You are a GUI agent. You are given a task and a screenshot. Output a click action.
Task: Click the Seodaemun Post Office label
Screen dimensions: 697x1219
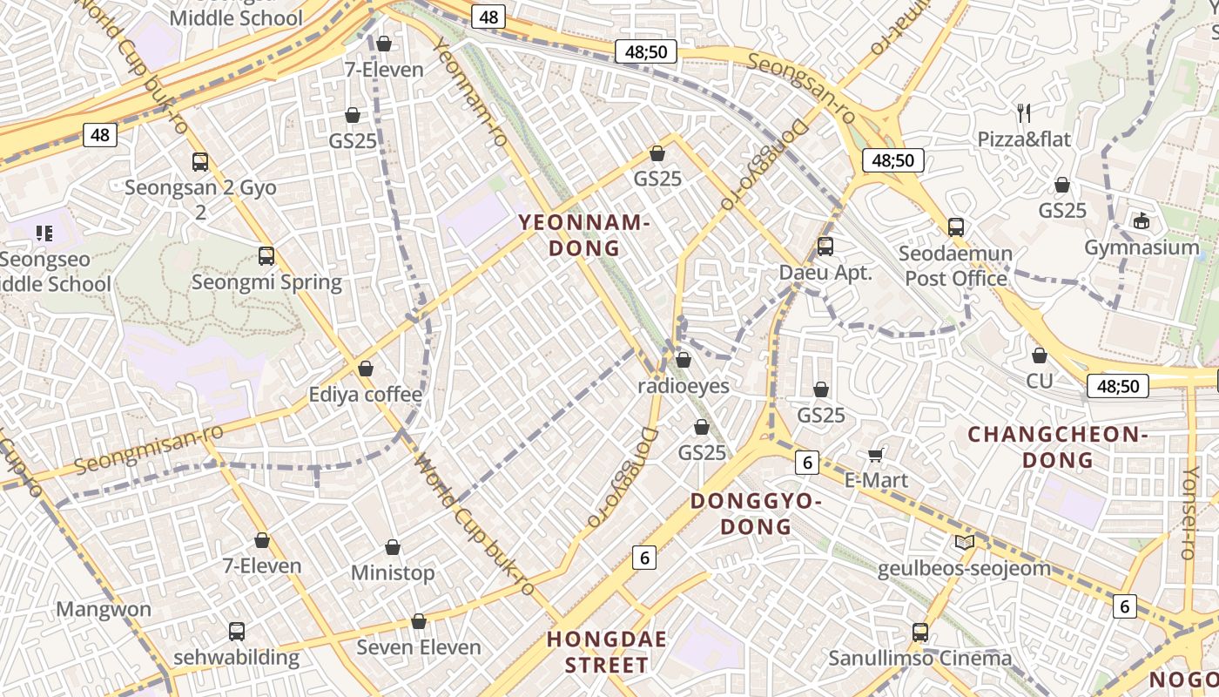click(x=956, y=266)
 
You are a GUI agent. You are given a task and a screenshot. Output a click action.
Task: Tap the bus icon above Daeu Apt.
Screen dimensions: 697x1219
click(x=825, y=247)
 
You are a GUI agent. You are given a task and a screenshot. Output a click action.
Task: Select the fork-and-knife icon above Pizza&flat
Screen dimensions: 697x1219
click(x=1024, y=112)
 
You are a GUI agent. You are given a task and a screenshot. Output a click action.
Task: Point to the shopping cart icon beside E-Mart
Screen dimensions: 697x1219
click(x=876, y=455)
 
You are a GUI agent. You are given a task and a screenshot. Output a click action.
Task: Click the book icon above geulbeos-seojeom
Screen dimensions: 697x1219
click(x=964, y=543)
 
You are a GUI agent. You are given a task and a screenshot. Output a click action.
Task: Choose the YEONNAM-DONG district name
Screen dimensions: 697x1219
click(x=585, y=235)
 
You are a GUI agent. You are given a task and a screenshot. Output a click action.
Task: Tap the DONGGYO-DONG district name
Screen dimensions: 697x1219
click(x=756, y=513)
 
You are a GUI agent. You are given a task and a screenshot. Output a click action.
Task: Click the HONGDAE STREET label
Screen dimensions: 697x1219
click(x=607, y=652)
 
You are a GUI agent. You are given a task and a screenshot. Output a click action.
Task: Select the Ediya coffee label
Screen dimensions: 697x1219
click(x=366, y=395)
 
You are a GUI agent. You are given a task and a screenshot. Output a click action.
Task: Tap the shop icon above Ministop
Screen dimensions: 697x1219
click(x=393, y=547)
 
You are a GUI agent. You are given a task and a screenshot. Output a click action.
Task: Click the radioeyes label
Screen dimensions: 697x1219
click(x=684, y=385)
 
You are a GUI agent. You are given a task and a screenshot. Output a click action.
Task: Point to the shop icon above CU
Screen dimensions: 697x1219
click(x=1039, y=355)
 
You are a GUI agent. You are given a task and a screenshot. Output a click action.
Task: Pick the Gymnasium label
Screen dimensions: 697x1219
click(x=1142, y=247)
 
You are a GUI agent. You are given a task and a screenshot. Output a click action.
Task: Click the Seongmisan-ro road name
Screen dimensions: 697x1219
click(x=148, y=449)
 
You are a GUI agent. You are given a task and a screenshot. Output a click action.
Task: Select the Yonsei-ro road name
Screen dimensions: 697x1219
click(x=1189, y=512)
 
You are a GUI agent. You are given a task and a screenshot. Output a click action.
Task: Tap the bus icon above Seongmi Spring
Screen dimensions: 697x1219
click(x=266, y=256)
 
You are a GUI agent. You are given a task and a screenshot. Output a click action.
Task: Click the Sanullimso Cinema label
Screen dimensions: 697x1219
click(x=919, y=658)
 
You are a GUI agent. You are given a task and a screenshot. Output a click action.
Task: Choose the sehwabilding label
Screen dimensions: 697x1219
click(x=237, y=657)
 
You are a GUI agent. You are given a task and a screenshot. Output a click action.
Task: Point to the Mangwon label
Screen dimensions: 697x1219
click(x=104, y=609)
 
